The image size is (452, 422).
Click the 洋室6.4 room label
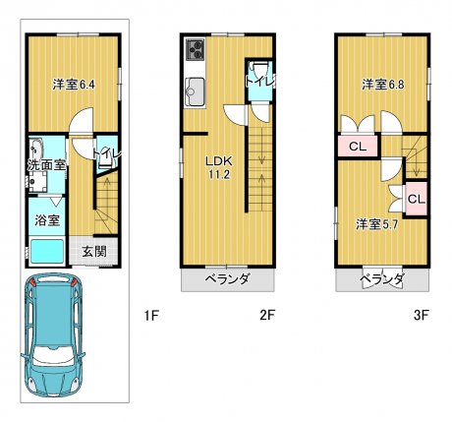tap(74, 85)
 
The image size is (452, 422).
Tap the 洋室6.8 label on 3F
tap(383, 85)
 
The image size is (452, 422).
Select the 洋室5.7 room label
tap(376, 224)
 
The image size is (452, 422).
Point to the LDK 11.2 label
tap(219, 167)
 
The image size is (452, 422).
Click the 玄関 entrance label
tap(94, 252)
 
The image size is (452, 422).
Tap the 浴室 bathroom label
tap(47, 220)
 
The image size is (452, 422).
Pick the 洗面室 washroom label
tap(47, 164)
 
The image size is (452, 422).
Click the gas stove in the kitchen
tap(196, 49)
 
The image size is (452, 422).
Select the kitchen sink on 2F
tap(195, 91)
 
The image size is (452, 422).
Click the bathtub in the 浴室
tap(47, 251)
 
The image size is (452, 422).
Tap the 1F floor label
tap(151, 316)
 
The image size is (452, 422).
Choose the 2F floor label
tap(267, 316)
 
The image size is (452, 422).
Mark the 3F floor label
tap(422, 316)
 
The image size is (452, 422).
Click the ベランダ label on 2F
tap(228, 279)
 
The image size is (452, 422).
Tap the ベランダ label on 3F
tap(382, 279)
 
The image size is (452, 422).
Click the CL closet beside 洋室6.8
tap(358, 147)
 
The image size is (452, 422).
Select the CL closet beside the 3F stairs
tap(417, 199)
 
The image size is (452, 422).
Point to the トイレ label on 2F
tap(260, 82)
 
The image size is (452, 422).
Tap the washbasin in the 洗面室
tap(36, 151)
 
